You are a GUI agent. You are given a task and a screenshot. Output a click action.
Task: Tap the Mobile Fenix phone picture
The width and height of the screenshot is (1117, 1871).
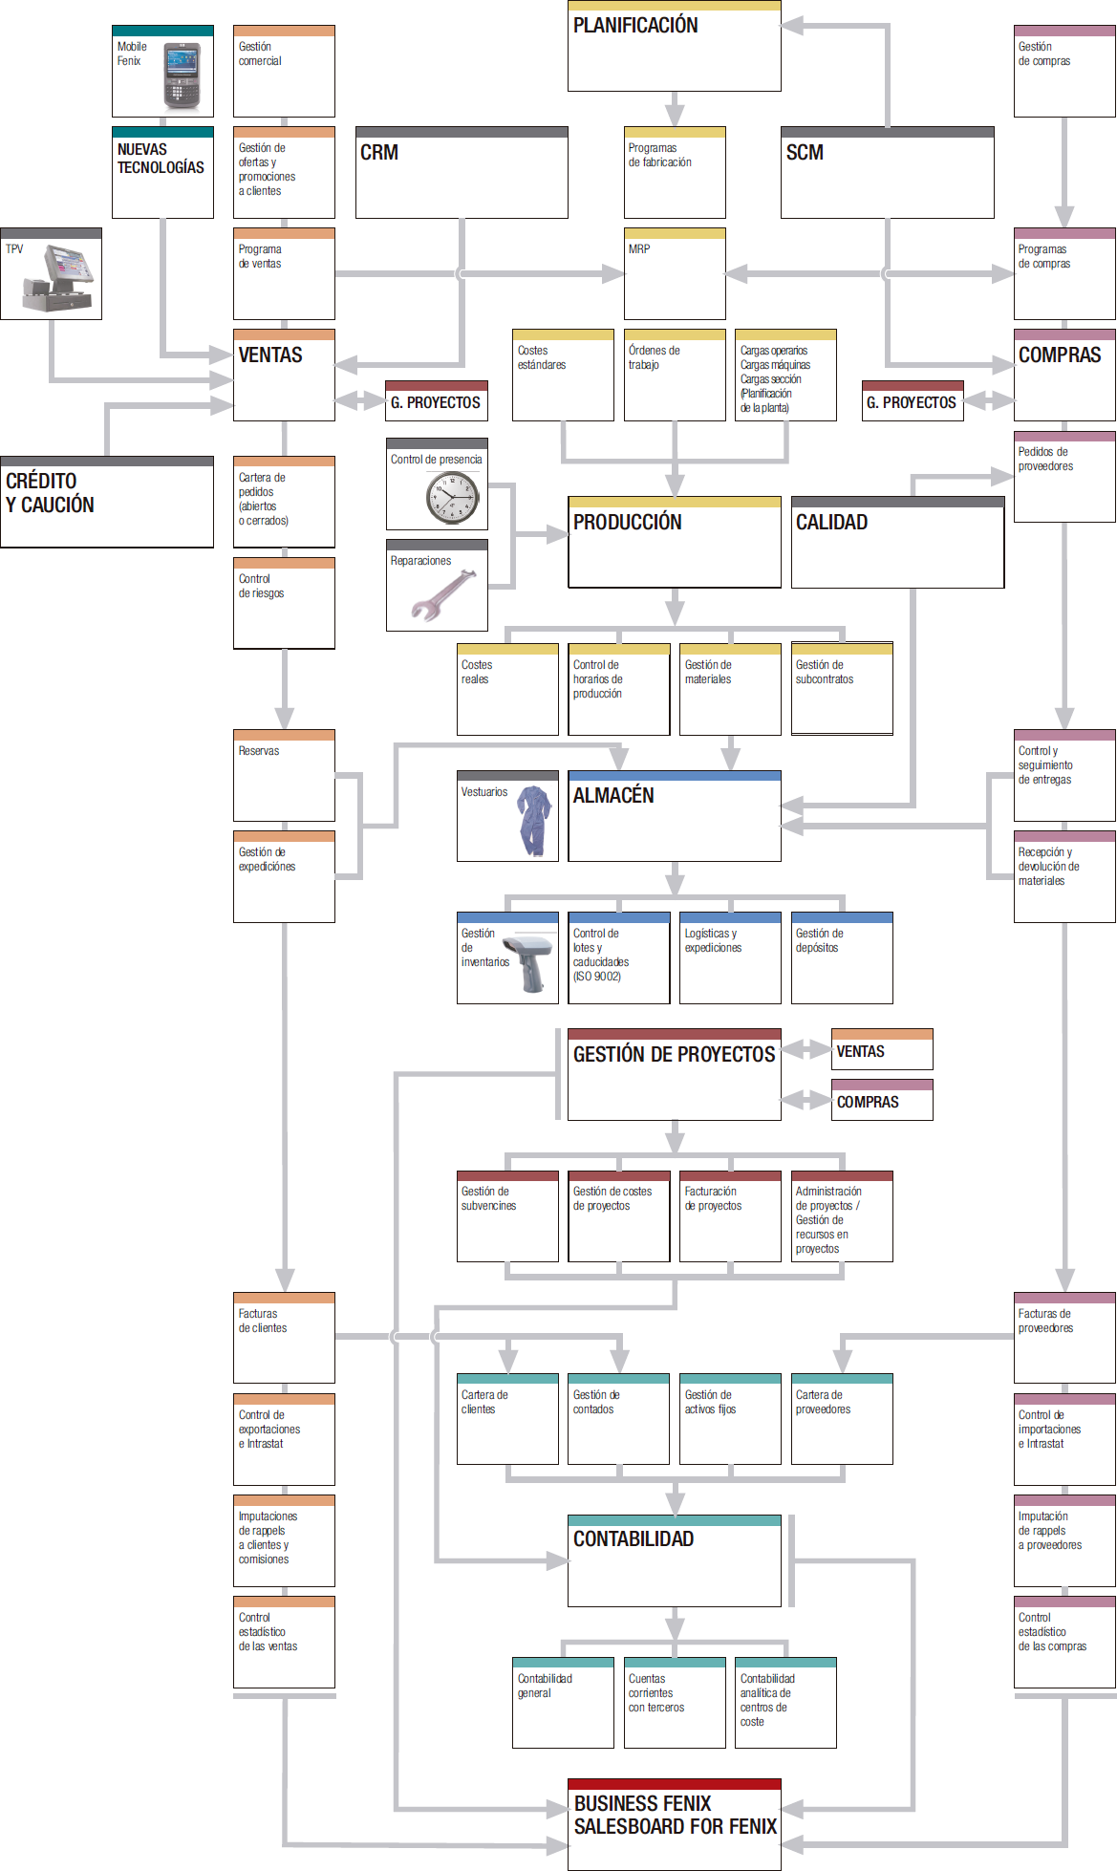182,75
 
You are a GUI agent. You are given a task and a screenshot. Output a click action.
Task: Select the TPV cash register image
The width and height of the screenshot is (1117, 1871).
62,280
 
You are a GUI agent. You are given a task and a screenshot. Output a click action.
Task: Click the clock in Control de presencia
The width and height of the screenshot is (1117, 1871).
452,498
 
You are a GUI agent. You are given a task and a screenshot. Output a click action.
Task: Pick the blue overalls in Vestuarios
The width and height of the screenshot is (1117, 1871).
533,820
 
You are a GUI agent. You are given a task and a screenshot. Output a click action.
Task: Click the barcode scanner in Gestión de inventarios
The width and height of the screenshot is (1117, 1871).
531,962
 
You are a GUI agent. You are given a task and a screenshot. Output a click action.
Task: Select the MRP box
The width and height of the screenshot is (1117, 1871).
674,273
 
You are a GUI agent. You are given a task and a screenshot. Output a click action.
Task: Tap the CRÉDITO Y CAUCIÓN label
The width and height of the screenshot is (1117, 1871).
51,493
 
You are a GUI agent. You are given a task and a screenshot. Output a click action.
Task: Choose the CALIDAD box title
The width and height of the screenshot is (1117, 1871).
832,523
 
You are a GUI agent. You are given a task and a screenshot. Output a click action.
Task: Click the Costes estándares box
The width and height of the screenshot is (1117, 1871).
562,375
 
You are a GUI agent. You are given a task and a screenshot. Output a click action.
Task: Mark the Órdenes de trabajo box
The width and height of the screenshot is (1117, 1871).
674,375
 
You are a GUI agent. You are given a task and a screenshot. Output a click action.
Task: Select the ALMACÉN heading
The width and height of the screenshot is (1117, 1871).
614,796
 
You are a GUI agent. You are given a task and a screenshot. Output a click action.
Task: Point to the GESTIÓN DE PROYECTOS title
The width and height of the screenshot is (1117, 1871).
674,1055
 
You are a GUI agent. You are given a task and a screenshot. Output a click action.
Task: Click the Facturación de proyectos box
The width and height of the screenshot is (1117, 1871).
729,1215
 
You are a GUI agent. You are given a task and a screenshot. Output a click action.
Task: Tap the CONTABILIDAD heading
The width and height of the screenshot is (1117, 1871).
634,1539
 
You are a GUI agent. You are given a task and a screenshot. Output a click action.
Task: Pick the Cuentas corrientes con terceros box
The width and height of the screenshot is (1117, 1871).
674,1702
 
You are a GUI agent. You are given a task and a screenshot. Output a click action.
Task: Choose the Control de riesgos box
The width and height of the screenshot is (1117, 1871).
284,603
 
